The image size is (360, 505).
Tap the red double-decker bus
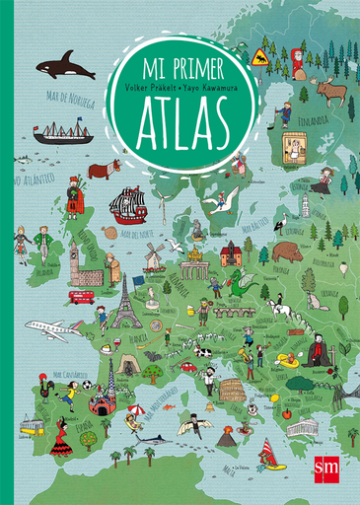pyautogui.click(x=82, y=295)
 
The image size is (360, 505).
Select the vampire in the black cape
pyautogui.click(x=318, y=350)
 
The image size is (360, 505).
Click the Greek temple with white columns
pyautogui.click(x=304, y=427)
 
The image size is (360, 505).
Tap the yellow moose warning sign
pyautogui.click(x=260, y=54)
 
